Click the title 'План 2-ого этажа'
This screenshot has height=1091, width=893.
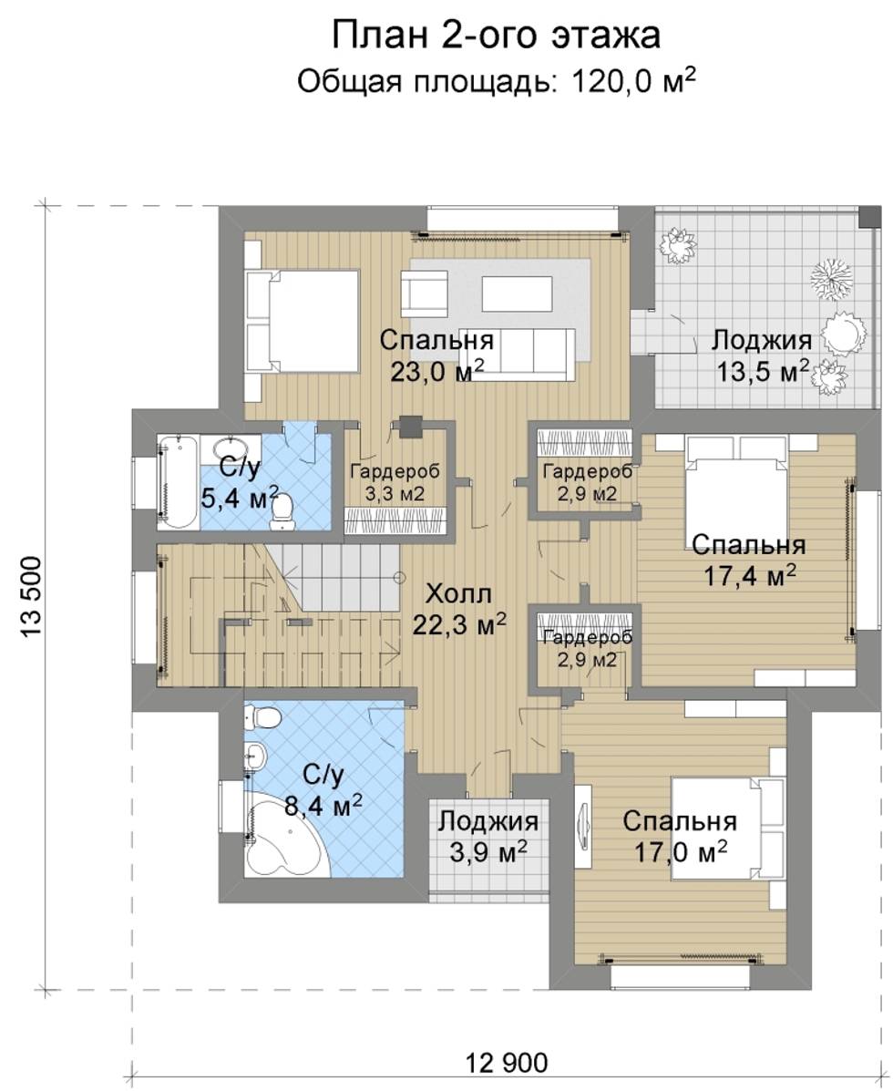(x=496, y=36)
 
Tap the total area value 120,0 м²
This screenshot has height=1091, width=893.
(x=633, y=81)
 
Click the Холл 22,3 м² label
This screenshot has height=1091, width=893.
(x=459, y=610)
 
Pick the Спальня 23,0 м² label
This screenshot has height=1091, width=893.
(x=436, y=355)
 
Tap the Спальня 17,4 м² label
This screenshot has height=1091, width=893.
(x=748, y=561)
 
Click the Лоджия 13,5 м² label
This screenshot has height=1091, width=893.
(x=763, y=355)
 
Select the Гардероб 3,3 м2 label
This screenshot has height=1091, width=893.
(x=395, y=482)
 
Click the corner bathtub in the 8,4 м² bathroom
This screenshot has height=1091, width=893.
(x=282, y=838)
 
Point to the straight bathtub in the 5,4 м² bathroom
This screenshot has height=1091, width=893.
(x=180, y=481)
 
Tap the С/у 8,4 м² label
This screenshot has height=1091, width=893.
(x=323, y=790)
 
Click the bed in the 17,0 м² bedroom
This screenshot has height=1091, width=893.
(x=727, y=829)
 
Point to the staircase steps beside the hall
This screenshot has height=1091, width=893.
(x=333, y=578)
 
